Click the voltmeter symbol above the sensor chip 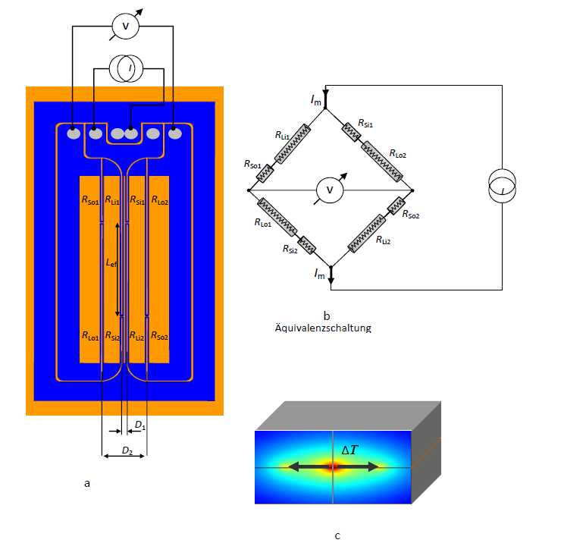point(126,26)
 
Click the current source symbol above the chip point(127,68)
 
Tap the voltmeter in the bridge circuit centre point(330,190)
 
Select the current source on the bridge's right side point(502,186)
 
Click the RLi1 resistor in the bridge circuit point(293,144)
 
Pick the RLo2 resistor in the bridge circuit point(381,162)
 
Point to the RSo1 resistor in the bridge point(265,174)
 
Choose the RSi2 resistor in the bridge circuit point(307,245)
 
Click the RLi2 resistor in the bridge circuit point(367,234)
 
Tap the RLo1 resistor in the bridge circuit point(277,217)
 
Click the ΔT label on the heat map point(349,450)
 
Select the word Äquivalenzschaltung point(323,328)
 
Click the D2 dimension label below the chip point(127,450)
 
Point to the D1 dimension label point(140,425)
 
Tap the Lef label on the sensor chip point(111,263)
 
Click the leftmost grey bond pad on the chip point(74,134)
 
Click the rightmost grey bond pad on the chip point(175,134)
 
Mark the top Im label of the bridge point(316,100)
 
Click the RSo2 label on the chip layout point(159,336)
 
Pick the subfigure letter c point(337,536)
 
